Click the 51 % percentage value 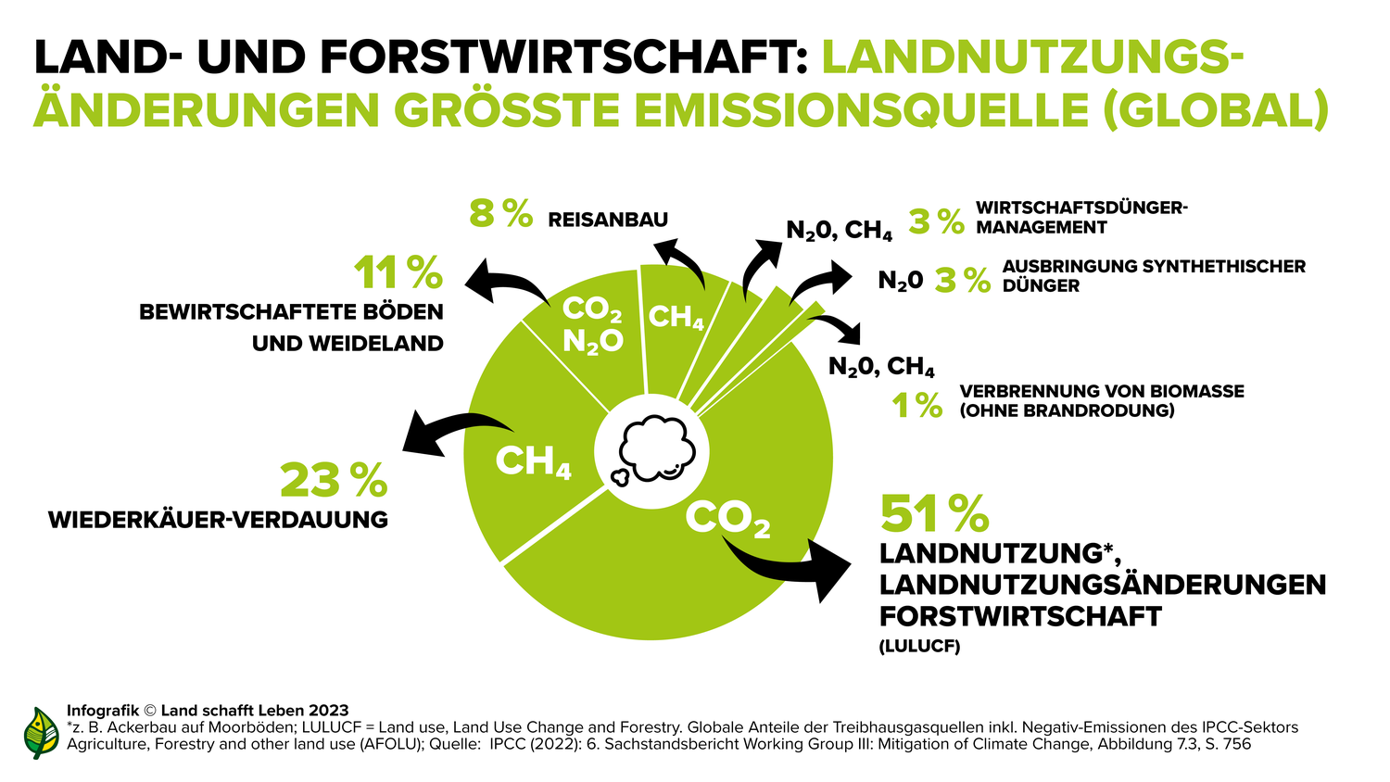(x=934, y=512)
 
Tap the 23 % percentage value (x=334, y=480)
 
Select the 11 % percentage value (x=398, y=272)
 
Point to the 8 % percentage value (x=500, y=212)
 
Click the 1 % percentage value (x=916, y=405)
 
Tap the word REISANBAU (x=608, y=220)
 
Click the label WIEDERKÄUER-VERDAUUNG (x=218, y=520)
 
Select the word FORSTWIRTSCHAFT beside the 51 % (x=1020, y=616)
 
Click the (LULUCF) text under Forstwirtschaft (x=919, y=647)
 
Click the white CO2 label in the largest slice (x=727, y=519)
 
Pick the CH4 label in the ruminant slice (x=533, y=461)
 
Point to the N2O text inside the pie (x=593, y=342)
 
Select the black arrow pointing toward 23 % (x=454, y=432)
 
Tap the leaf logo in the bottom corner (x=41, y=733)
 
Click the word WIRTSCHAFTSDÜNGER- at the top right (x=1081, y=208)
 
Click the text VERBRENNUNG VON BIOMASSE (x=1102, y=391)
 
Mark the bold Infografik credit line (x=208, y=711)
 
